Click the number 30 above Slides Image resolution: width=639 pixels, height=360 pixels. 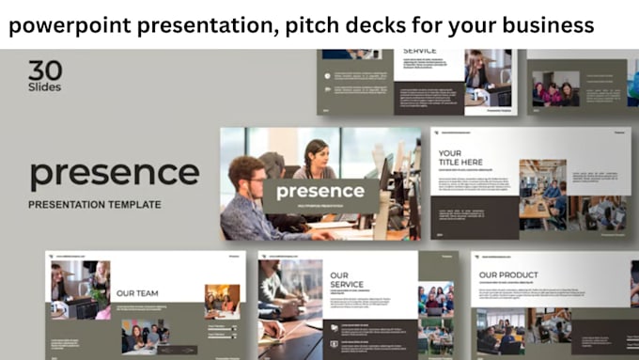[x=45, y=70]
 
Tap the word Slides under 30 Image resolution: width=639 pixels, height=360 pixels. [x=45, y=87]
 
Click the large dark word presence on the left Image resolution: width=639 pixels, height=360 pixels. [x=114, y=174]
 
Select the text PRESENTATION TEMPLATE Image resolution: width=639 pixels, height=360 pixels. [x=94, y=204]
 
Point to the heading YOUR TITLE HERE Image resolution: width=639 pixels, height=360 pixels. [x=462, y=159]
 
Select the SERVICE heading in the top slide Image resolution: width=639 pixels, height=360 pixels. [x=419, y=51]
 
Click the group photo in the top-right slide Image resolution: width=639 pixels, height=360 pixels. [x=555, y=88]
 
